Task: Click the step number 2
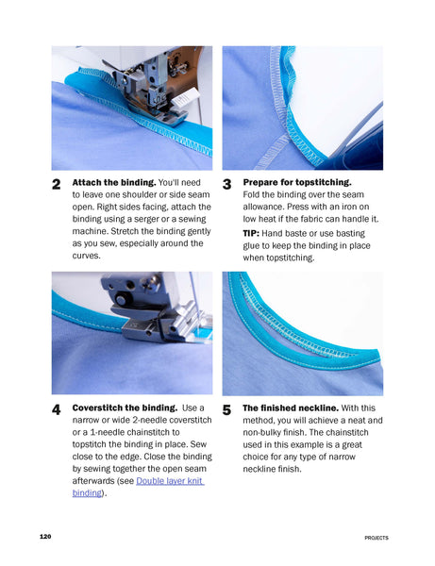point(57,184)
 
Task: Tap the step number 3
point(227,184)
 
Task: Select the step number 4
point(57,410)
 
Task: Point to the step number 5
point(227,410)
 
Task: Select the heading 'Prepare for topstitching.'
point(296,181)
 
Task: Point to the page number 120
point(45,537)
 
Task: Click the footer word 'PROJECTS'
point(376,538)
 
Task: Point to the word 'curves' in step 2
point(87,255)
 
